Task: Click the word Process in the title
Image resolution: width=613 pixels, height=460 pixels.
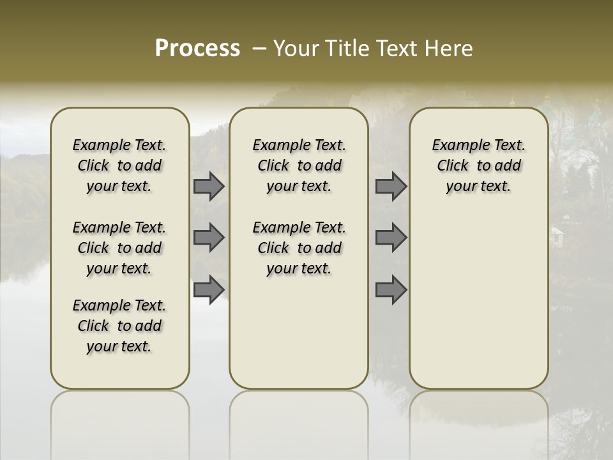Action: click(197, 49)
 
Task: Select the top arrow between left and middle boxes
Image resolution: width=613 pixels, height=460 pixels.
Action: click(209, 187)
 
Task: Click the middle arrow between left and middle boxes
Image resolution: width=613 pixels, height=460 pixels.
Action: click(209, 238)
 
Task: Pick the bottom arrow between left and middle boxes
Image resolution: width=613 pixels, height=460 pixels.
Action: click(209, 289)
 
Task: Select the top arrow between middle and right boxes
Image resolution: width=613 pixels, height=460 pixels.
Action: click(391, 187)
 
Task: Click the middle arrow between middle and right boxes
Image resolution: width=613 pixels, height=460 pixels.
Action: click(391, 238)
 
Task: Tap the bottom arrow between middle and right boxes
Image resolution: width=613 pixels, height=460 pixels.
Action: click(391, 289)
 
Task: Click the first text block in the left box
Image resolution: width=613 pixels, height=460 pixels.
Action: click(119, 165)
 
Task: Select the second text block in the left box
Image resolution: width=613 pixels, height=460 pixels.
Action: click(119, 248)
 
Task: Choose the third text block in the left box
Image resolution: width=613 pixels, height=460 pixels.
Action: click(119, 326)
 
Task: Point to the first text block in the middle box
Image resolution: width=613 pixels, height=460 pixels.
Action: click(299, 165)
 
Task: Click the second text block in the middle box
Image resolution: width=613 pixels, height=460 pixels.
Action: click(299, 248)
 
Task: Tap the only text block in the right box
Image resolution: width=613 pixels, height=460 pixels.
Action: click(478, 165)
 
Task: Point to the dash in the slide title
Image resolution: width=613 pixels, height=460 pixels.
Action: click(260, 49)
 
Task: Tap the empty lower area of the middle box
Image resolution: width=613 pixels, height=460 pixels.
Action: click(299, 332)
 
